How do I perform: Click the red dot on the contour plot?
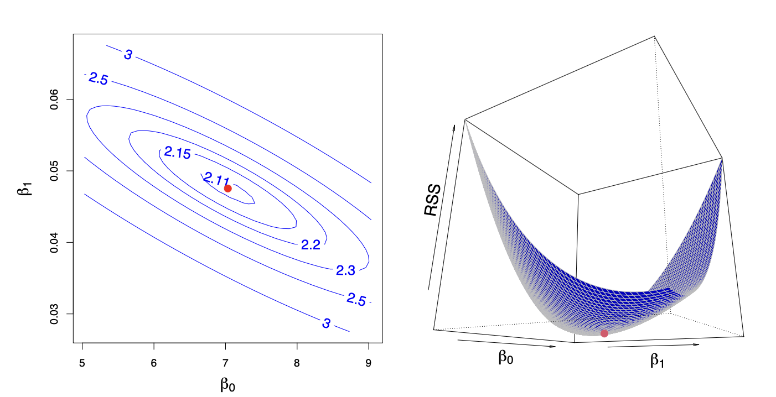[x=227, y=189]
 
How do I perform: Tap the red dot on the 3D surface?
[x=604, y=333]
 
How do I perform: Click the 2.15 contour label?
[x=177, y=154]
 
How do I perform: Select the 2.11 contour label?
[x=216, y=178]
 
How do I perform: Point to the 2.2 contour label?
[x=311, y=245]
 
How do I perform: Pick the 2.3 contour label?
[x=345, y=270]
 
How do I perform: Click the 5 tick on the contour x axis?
[x=82, y=363]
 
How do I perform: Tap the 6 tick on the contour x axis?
[x=154, y=363]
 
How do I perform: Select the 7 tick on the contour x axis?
[x=225, y=363]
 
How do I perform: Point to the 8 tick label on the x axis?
[x=297, y=363]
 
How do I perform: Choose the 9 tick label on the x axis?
[x=369, y=363]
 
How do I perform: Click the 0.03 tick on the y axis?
[x=54, y=314]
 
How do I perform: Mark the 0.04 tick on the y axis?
[x=54, y=242]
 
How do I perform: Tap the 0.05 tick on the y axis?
[x=54, y=171]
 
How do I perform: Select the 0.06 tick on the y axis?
[x=54, y=100]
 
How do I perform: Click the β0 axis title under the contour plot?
[x=228, y=384]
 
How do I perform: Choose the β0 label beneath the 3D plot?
[x=505, y=358]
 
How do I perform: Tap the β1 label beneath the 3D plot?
[x=657, y=362]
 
